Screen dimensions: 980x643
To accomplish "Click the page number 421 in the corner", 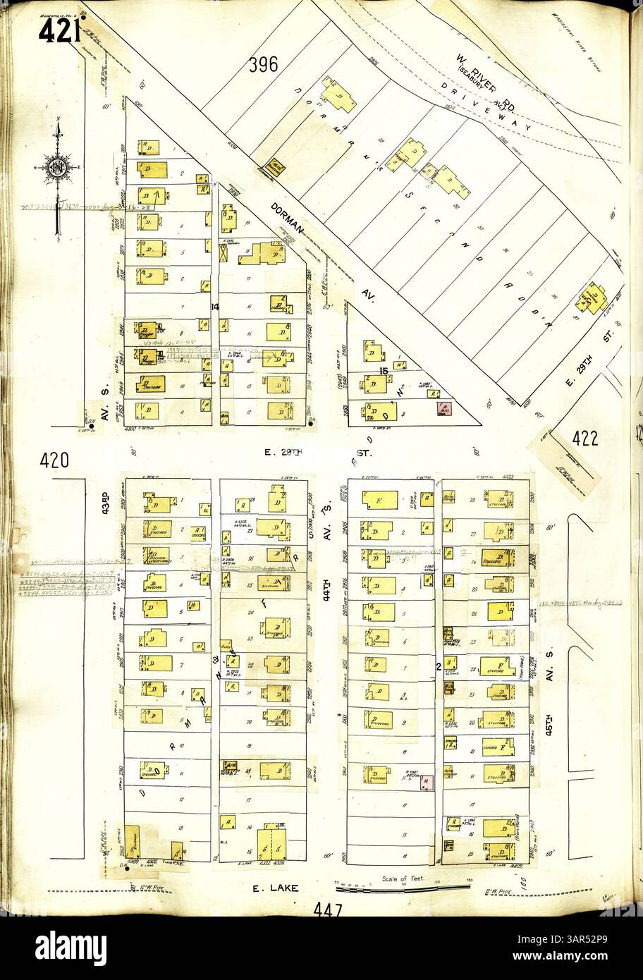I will pyautogui.click(x=59, y=29).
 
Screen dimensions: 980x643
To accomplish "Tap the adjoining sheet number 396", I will pyautogui.click(x=263, y=65).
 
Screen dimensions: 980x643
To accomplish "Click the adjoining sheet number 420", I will pyautogui.click(x=54, y=460).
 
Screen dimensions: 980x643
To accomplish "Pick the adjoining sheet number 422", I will pyautogui.click(x=585, y=439).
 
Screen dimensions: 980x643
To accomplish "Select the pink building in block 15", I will pyautogui.click(x=444, y=409).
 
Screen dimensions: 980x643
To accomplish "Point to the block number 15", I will pyautogui.click(x=384, y=370).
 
